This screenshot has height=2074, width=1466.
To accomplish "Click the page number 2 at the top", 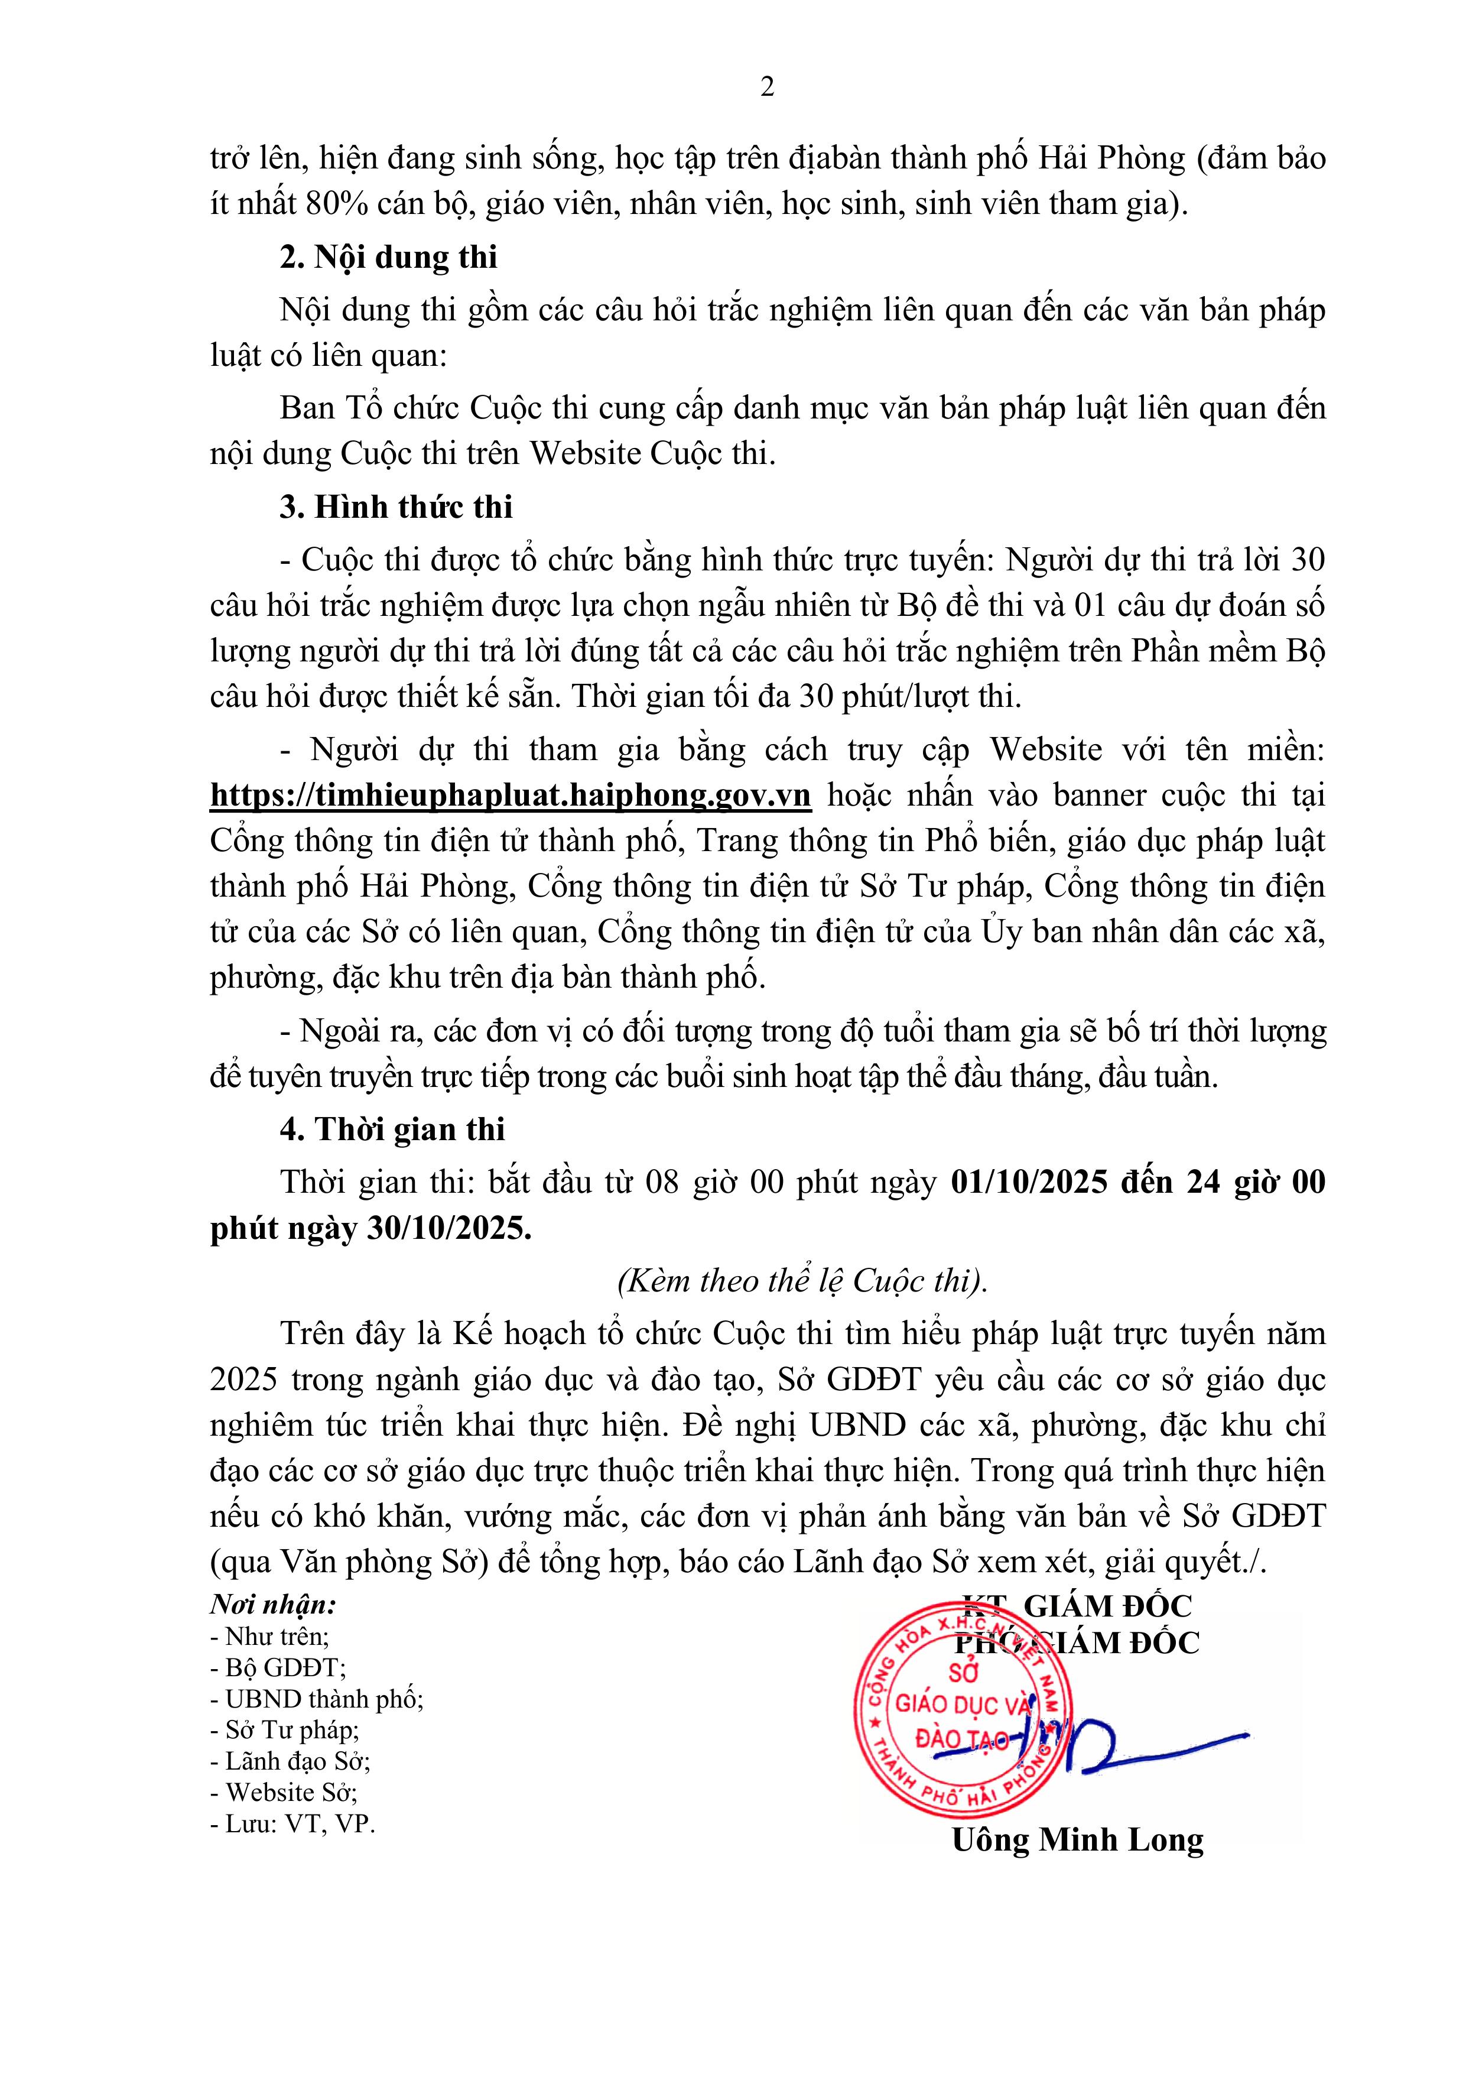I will point(767,87).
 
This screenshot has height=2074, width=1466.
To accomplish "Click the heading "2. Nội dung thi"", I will point(388,258).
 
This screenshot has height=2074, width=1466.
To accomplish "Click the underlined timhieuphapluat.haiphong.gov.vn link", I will point(511,795).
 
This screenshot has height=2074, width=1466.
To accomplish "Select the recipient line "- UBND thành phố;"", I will point(316,1699).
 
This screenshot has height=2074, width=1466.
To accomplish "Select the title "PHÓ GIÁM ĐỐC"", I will point(1078,1642).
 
